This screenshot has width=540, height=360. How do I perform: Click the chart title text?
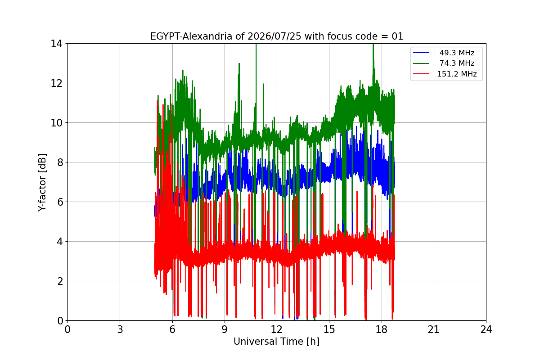pyautogui.click(x=276, y=36)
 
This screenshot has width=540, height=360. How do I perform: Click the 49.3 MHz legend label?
pyautogui.click(x=457, y=53)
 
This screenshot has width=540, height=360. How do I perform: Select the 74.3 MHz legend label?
pyautogui.click(x=457, y=63)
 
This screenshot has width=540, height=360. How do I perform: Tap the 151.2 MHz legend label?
pyautogui.click(x=457, y=74)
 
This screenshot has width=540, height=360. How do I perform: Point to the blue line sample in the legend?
pyautogui.click(x=421, y=53)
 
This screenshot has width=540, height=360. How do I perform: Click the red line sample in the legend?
pyautogui.click(x=421, y=74)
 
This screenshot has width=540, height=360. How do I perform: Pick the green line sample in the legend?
pyautogui.click(x=421, y=63)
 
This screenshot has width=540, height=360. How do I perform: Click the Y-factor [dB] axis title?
pyautogui.click(x=42, y=182)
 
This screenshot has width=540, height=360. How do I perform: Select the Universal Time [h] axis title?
pyautogui.click(x=276, y=342)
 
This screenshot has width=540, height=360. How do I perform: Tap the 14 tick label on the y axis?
pyautogui.click(x=56, y=44)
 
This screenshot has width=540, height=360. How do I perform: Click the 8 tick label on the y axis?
pyautogui.click(x=60, y=162)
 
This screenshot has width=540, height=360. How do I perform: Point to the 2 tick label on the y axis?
pyautogui.click(x=60, y=281)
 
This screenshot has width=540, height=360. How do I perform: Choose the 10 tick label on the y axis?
pyautogui.click(x=56, y=123)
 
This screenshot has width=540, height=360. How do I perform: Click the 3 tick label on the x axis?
pyautogui.click(x=120, y=329)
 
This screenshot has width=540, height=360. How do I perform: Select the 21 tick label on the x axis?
pyautogui.click(x=434, y=329)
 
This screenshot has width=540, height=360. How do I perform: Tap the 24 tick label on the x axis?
pyautogui.click(x=486, y=329)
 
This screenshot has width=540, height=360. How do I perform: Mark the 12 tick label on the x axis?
pyautogui.click(x=277, y=329)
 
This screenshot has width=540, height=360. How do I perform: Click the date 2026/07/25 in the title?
pyautogui.click(x=274, y=36)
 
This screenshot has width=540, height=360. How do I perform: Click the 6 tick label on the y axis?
pyautogui.click(x=60, y=202)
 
